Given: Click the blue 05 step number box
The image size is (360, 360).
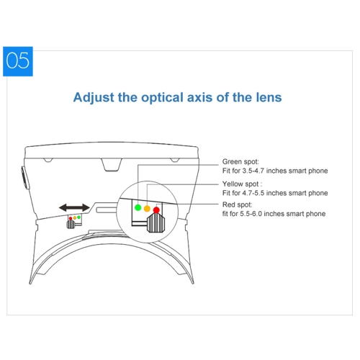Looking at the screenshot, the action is (18, 61).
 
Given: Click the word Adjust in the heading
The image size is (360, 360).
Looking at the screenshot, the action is (94, 98).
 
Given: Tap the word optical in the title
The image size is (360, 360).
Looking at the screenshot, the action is (162, 98).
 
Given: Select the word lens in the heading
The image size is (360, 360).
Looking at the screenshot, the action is (269, 97).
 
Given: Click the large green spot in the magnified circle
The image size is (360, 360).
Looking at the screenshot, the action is (138, 207).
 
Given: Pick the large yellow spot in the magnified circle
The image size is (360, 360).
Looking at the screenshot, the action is (147, 209).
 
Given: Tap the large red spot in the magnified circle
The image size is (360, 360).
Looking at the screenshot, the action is (156, 210).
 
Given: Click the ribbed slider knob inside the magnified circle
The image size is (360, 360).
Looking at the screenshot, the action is (156, 223).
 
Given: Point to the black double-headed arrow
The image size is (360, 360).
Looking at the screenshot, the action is (74, 207).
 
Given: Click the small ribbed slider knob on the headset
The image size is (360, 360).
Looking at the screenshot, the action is (71, 225).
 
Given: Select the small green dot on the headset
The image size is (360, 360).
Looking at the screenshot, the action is (79, 217).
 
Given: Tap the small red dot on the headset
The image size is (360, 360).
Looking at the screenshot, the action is (71, 218).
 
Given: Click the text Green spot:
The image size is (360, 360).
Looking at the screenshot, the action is (240, 162).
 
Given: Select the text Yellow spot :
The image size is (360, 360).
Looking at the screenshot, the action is (242, 184).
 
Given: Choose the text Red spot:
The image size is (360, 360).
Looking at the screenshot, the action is (238, 204).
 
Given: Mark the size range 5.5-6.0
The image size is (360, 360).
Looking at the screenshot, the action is (251, 214).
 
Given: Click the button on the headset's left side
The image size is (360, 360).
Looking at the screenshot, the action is (25, 178).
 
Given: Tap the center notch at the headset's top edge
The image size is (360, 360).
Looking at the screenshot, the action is (112, 165).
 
